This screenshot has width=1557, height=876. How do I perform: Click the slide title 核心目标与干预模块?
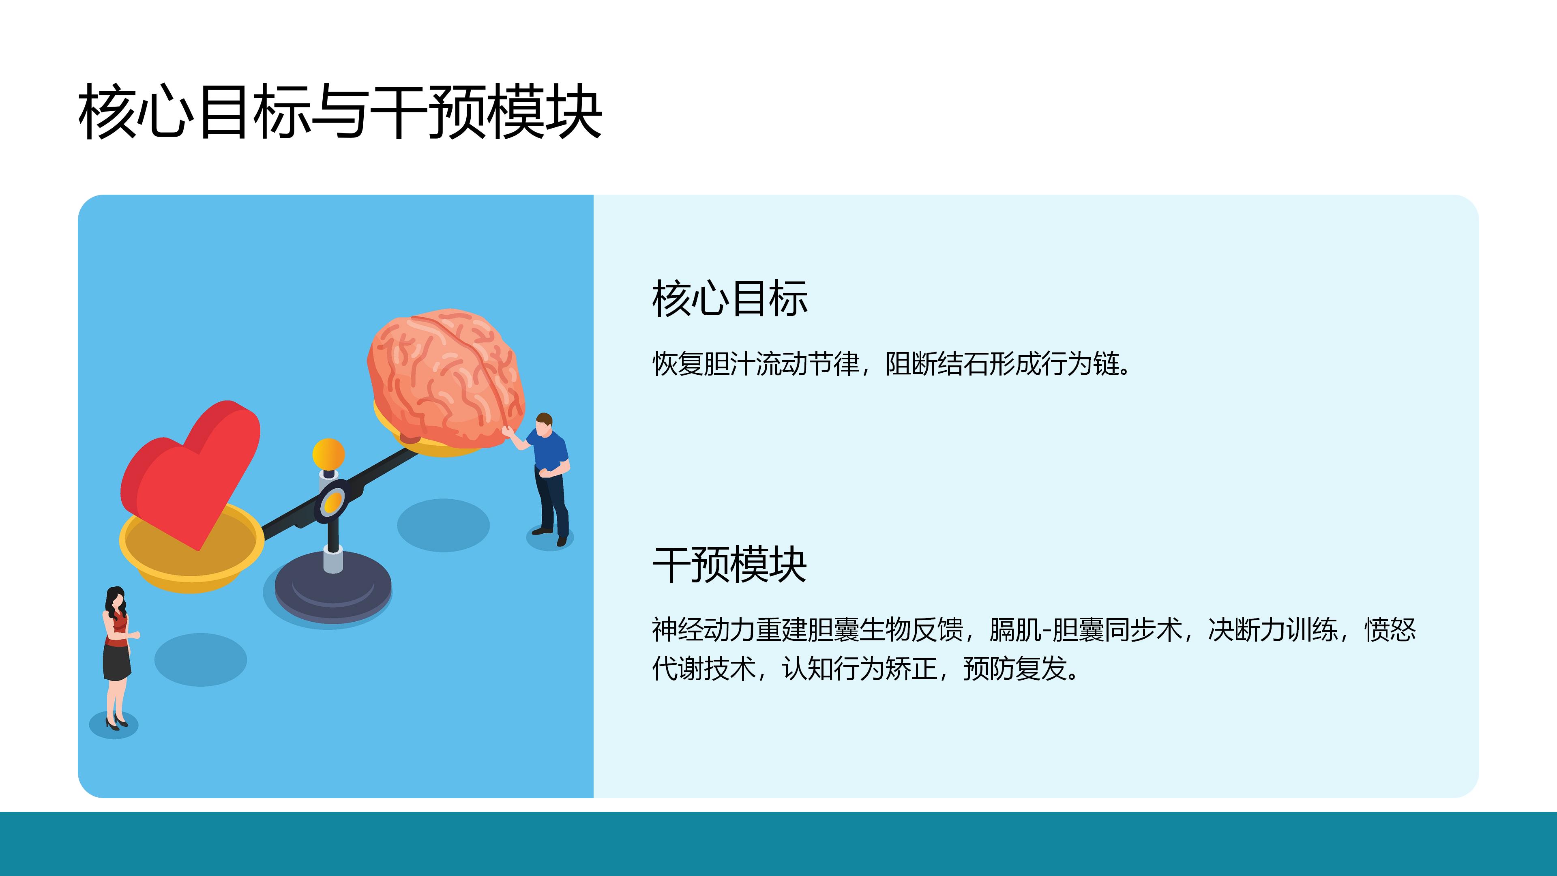click(x=340, y=112)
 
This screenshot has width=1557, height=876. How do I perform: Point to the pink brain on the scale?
click(x=446, y=378)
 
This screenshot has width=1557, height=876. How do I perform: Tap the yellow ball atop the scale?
click(x=328, y=454)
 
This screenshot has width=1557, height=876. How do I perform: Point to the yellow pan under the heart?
click(x=191, y=550)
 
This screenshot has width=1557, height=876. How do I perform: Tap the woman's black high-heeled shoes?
click(x=117, y=722)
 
